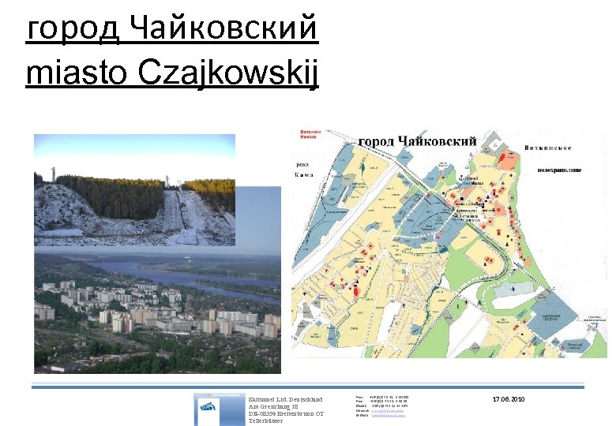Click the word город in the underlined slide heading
pos(72,31)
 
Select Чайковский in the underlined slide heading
pos(223,29)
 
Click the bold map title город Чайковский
pos(418,141)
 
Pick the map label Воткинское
pos(548,148)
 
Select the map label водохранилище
pos(559,170)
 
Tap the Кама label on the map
pos(303,174)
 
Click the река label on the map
pos(302,164)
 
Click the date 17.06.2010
pos(508,400)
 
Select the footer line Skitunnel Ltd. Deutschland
pos(285,400)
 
